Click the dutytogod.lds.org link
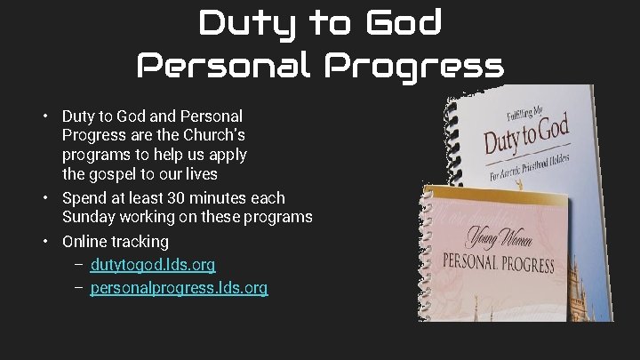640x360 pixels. click(x=153, y=265)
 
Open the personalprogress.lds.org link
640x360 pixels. click(x=179, y=288)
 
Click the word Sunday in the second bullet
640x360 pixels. click(x=87, y=217)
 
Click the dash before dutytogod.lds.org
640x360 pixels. click(x=79, y=265)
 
